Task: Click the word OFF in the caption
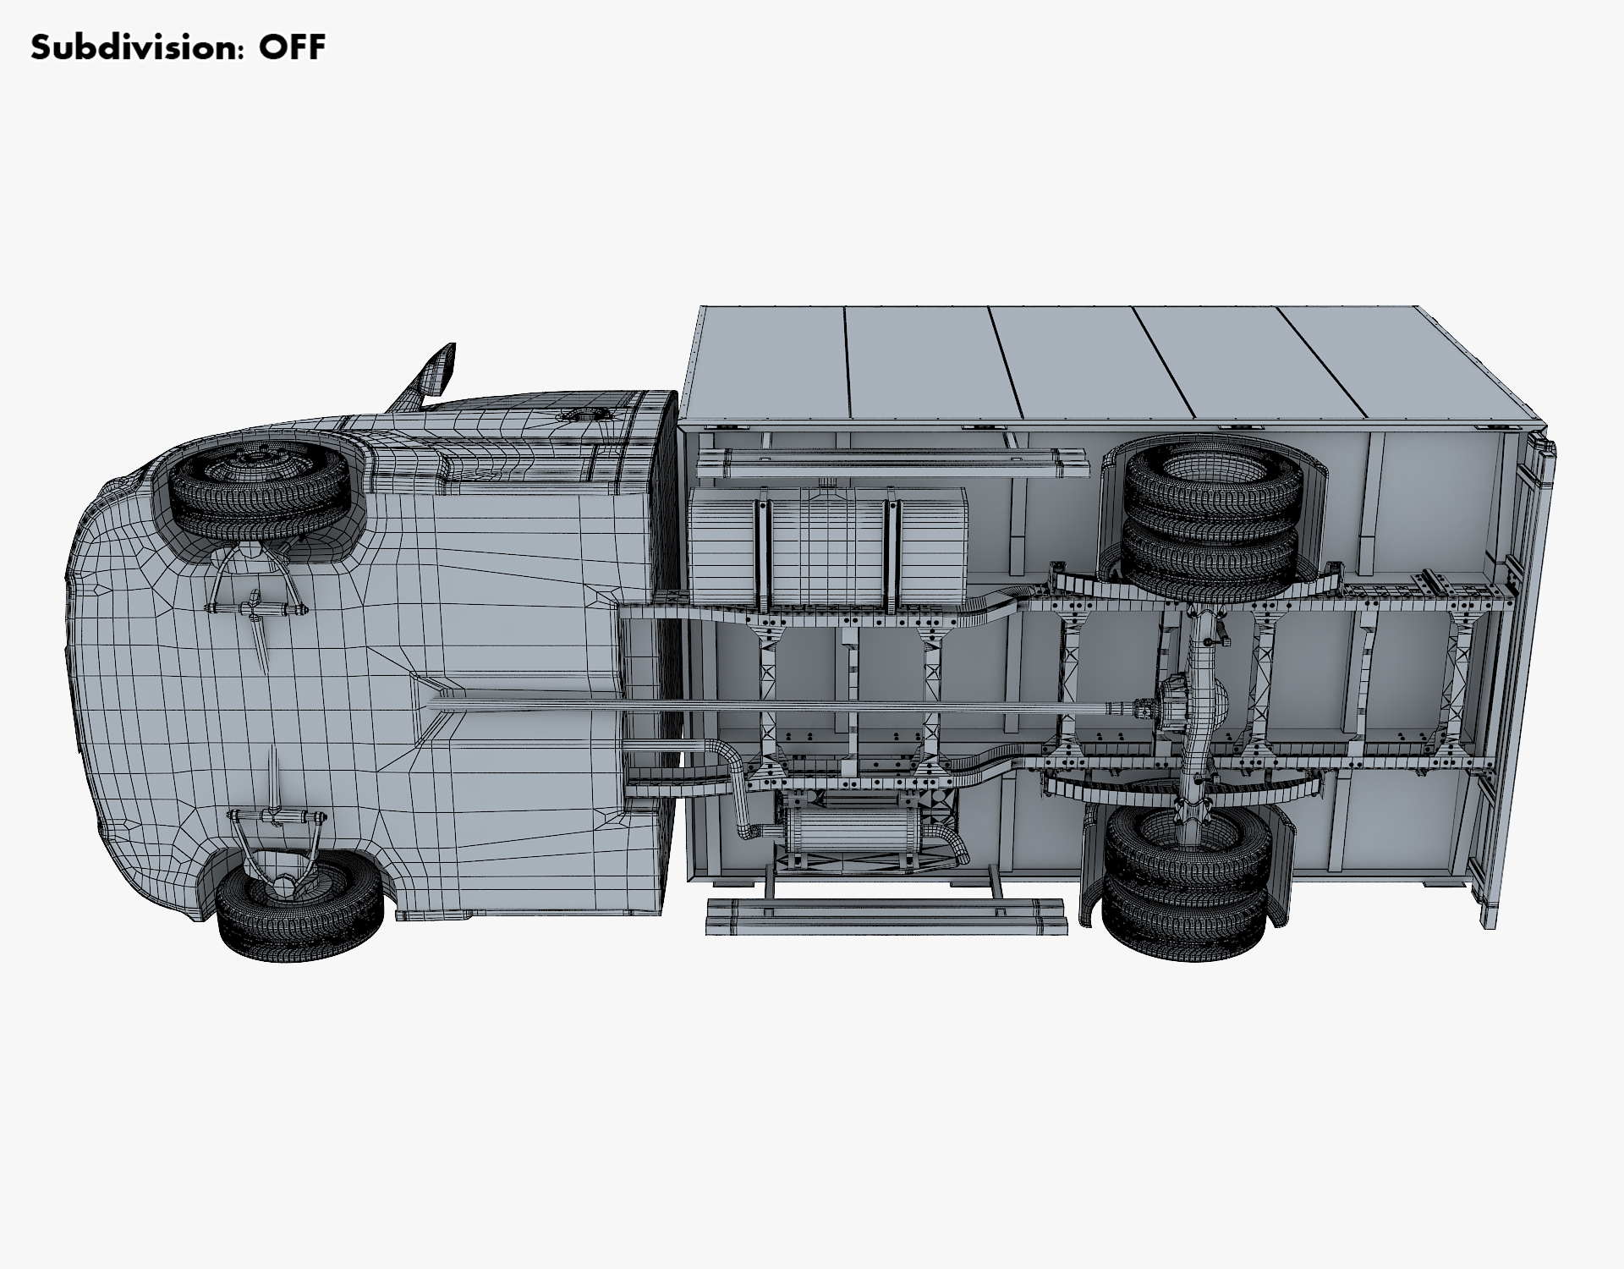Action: [292, 47]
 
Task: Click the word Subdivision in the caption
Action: [133, 47]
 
